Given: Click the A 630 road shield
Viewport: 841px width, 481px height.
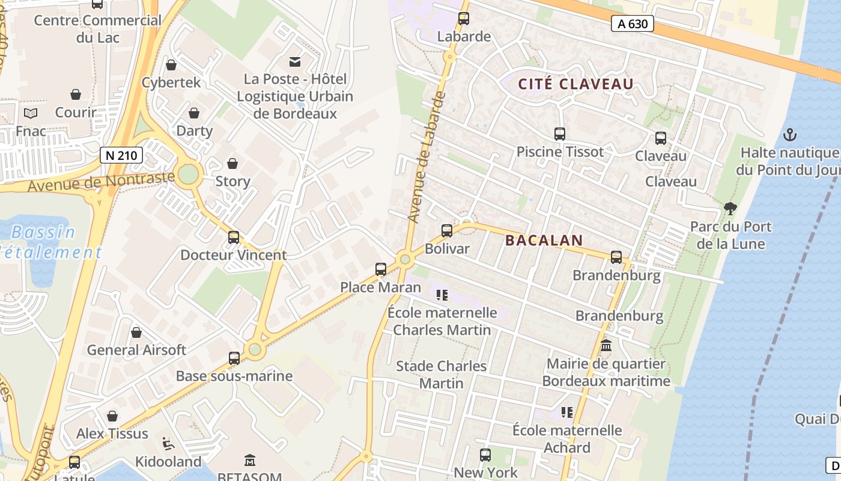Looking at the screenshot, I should (x=632, y=24).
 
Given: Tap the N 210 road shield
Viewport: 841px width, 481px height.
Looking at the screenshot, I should (x=121, y=155).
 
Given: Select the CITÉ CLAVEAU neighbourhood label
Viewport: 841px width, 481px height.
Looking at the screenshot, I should (x=576, y=84).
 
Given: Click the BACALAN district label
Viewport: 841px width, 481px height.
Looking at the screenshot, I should (x=544, y=240).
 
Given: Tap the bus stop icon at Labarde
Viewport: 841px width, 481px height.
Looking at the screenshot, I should (x=464, y=19).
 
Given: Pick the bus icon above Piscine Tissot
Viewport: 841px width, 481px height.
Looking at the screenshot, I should (x=560, y=134).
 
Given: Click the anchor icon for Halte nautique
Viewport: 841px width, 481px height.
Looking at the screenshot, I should (x=791, y=135).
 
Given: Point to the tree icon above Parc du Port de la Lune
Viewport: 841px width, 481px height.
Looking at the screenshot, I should (x=730, y=209).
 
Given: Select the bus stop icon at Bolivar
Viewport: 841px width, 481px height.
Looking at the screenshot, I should (x=447, y=231).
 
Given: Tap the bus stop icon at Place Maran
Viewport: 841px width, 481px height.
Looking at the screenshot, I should (x=381, y=269).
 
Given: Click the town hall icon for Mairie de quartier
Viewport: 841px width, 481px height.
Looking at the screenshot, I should (x=606, y=346).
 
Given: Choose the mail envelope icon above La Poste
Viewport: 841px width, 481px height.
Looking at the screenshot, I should (x=295, y=61).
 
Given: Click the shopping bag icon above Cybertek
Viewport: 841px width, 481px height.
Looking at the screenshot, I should (x=171, y=65).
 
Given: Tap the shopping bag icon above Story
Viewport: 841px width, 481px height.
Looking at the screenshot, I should (x=232, y=164).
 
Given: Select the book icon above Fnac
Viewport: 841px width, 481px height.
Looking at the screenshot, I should (x=31, y=113).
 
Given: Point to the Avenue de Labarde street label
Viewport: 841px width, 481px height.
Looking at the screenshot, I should (x=427, y=157).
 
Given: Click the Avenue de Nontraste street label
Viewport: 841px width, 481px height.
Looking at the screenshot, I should (x=101, y=182).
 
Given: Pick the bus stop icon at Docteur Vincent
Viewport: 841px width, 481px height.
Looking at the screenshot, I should (x=234, y=237).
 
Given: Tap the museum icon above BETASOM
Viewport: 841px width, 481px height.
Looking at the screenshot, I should (x=250, y=461).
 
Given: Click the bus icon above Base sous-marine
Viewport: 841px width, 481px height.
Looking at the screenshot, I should (x=234, y=359).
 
